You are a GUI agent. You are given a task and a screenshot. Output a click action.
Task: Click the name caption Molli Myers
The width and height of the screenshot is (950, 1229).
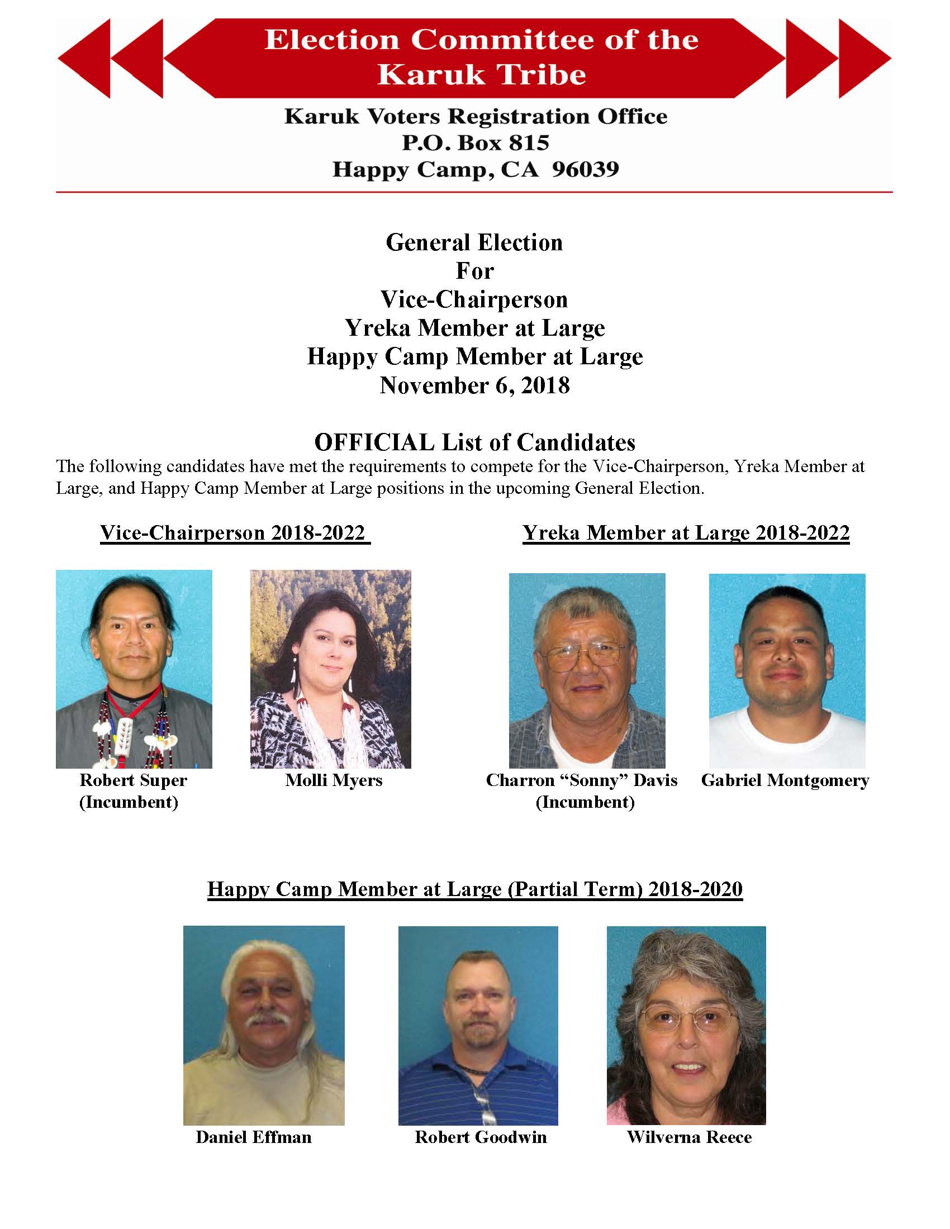point(333,780)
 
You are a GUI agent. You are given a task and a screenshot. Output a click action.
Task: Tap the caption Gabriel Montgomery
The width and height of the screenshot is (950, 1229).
point(785,780)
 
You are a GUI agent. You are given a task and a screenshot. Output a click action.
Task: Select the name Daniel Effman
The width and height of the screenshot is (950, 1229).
point(253,1137)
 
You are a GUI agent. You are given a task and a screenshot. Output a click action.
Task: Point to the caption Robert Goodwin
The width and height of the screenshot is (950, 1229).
point(481,1137)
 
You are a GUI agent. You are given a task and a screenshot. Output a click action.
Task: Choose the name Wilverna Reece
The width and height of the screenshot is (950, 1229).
point(689,1137)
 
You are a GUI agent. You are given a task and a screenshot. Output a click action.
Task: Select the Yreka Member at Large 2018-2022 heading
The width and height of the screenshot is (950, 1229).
point(686,532)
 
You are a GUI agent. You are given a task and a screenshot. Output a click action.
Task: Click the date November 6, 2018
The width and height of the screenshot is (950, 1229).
point(474,385)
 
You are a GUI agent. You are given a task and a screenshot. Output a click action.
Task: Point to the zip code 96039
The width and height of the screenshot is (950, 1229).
point(585,169)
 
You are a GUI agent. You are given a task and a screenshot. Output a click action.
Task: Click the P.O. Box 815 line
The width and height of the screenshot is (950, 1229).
point(475,143)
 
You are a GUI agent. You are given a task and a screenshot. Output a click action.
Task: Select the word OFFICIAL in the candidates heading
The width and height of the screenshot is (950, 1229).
point(374,442)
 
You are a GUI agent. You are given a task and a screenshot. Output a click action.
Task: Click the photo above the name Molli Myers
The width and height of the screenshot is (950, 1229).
point(330,669)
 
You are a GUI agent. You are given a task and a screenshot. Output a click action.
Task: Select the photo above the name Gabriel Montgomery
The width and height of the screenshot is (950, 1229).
point(787,671)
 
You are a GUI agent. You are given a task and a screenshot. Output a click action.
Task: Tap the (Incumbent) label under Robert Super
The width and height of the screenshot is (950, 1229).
point(129,802)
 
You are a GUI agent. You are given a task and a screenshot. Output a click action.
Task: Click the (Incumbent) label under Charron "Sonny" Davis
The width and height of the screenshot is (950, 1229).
point(585,802)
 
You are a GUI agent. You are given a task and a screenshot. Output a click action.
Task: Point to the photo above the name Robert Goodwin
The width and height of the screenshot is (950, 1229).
point(478,1025)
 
